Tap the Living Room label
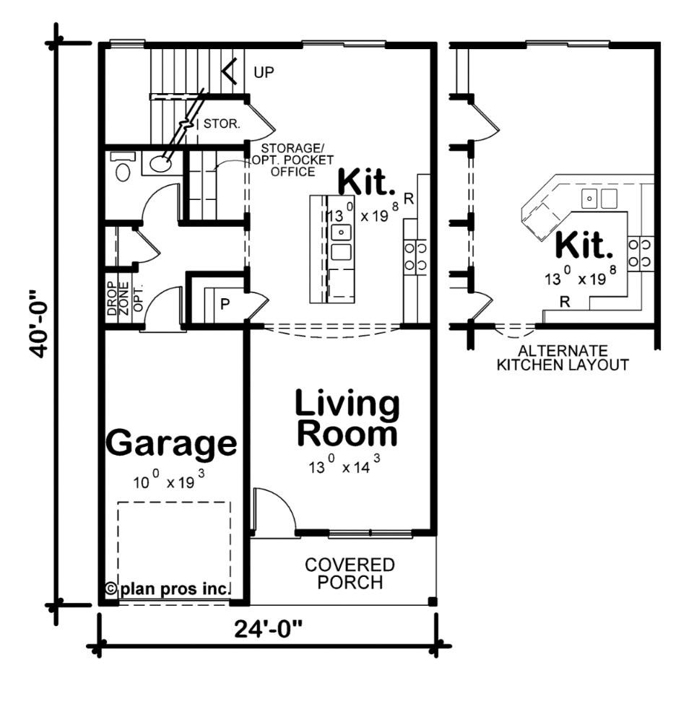347,419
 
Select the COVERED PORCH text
350,573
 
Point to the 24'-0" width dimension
268,629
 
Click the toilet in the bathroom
123,169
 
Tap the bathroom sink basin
161,164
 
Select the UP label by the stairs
264,72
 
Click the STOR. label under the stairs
222,123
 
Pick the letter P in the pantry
225,304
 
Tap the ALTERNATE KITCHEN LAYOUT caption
562,357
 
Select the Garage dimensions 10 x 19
171,482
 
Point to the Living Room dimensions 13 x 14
342,466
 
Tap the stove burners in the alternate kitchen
641,253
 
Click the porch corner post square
432,601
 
